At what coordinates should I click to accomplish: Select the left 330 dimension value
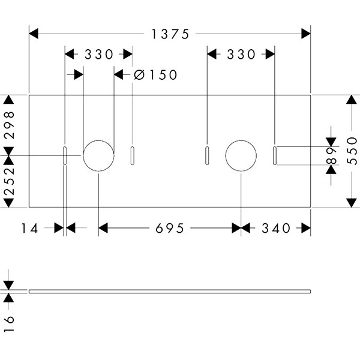[98, 55]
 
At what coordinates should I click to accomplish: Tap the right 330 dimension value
[241, 55]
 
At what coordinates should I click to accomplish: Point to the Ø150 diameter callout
[155, 75]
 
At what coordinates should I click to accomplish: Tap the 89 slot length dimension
[329, 155]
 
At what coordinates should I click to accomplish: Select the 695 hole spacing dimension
[170, 228]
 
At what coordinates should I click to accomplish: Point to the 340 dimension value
[276, 228]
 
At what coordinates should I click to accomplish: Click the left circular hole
[98, 155]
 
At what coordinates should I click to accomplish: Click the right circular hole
[241, 155]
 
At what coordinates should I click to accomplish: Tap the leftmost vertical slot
[65, 155]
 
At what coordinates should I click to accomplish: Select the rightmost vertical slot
[274, 155]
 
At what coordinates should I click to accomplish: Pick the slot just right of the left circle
[132, 155]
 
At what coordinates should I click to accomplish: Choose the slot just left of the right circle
[207, 155]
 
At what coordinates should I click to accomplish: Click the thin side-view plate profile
[170, 292]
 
